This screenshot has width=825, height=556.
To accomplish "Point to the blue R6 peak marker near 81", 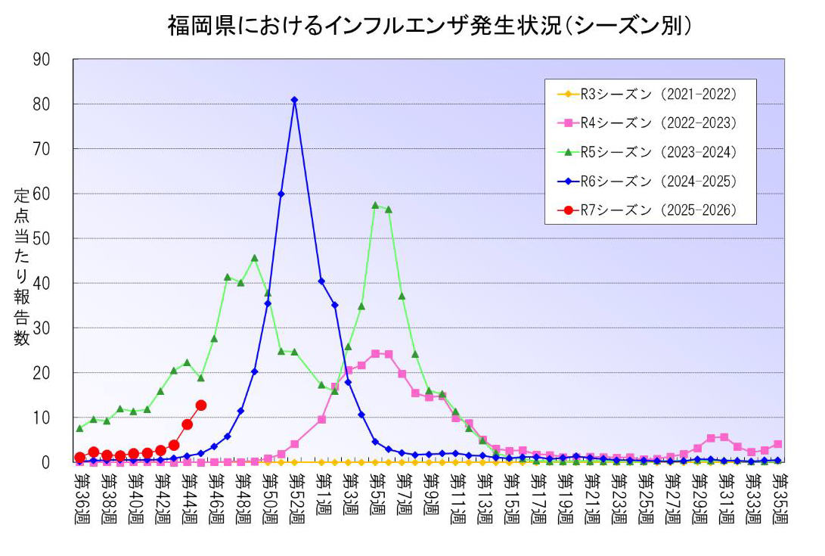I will (x=294, y=100).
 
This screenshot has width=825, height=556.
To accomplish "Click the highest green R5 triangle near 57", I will (x=375, y=205).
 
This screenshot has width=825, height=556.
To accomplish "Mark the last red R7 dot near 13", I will (x=200, y=405).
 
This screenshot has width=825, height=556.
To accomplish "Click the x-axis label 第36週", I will (x=79, y=500).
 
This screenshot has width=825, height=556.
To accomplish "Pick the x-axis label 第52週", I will (x=295, y=500).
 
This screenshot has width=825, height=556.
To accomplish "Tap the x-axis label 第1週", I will (x=322, y=496).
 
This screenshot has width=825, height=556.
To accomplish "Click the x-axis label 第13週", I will (x=483, y=500).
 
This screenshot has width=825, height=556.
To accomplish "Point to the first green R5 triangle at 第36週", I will (x=79, y=428).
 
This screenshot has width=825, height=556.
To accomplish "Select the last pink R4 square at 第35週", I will (x=777, y=444).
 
